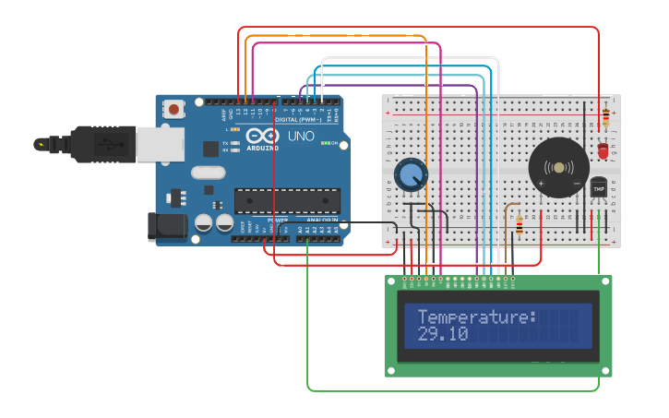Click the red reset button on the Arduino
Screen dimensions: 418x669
[173, 110]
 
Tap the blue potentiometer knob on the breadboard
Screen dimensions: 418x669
[411, 174]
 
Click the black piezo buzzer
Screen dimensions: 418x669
[558, 167]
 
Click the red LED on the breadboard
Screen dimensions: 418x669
[603, 149]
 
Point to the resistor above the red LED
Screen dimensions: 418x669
[604, 118]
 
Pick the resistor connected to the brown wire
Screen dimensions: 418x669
[519, 224]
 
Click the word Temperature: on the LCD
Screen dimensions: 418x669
[476, 317]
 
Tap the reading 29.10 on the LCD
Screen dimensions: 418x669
[443, 334]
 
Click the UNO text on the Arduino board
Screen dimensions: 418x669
[302, 137]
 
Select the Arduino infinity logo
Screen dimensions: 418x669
[261, 137]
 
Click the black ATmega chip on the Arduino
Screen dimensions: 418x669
[287, 200]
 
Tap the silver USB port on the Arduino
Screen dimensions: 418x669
[159, 144]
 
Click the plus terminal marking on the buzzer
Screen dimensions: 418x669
[541, 183]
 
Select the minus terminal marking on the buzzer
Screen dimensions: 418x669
[577, 183]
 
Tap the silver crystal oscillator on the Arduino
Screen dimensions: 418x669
[209, 172]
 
